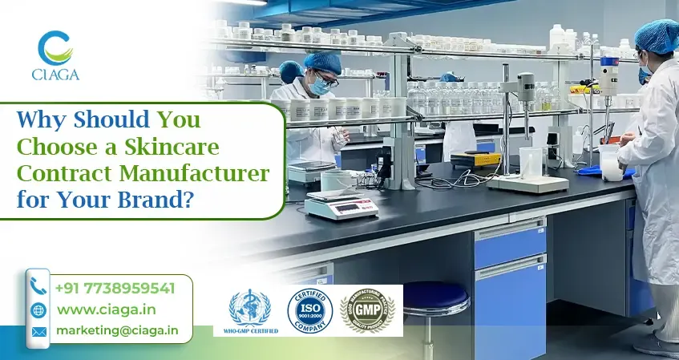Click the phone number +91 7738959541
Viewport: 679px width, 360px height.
point(114,287)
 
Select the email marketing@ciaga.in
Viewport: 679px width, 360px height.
point(117,330)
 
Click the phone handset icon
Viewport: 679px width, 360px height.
point(38,286)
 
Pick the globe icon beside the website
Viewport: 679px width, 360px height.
point(38,309)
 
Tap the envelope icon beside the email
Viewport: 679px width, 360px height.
point(38,330)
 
